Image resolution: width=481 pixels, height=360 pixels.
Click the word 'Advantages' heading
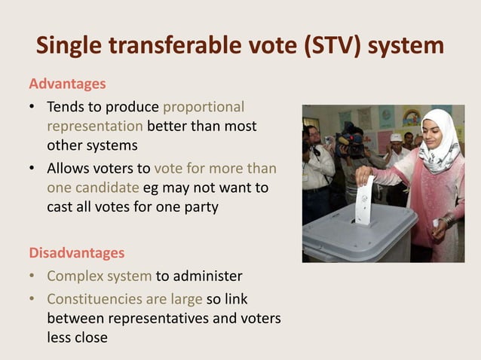click(67, 83)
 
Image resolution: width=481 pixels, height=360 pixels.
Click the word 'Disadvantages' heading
click(76, 252)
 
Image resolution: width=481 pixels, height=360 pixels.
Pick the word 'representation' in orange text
click(95, 125)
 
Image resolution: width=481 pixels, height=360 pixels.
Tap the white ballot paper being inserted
click(365, 200)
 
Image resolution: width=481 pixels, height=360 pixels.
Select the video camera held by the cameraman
click(351, 140)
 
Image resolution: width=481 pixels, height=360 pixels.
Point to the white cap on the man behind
click(396, 138)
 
